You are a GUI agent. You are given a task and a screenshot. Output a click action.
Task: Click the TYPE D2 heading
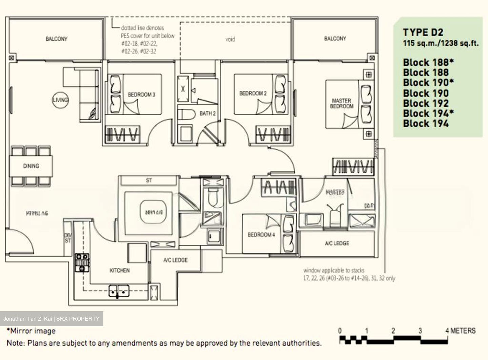(423, 33)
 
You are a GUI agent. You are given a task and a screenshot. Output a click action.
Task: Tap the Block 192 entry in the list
(426, 103)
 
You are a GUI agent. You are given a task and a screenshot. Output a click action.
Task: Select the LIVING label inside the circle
(60, 100)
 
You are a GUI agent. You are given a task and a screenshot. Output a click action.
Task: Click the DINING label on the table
(31, 166)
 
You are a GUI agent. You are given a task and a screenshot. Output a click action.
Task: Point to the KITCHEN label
(119, 271)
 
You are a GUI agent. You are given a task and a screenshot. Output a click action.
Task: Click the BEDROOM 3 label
(141, 95)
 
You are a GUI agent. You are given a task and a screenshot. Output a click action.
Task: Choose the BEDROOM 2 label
(253, 93)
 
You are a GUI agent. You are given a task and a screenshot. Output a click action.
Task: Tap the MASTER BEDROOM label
(342, 104)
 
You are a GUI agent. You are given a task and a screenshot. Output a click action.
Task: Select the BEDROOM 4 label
(261, 235)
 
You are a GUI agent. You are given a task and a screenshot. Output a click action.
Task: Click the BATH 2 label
(207, 113)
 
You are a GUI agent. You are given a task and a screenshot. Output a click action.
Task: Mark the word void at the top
(230, 39)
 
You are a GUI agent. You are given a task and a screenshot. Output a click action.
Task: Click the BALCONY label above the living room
(56, 39)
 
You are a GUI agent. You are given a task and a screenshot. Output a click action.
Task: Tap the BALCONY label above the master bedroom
(335, 39)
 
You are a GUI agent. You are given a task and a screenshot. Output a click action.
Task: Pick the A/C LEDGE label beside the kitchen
(175, 260)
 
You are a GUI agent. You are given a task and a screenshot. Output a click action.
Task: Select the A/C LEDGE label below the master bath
(337, 243)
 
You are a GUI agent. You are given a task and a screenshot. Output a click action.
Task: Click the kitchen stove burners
(82, 262)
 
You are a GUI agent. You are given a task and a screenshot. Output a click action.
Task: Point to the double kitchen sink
(119, 291)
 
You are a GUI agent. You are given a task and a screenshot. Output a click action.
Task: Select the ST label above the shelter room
(149, 181)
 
